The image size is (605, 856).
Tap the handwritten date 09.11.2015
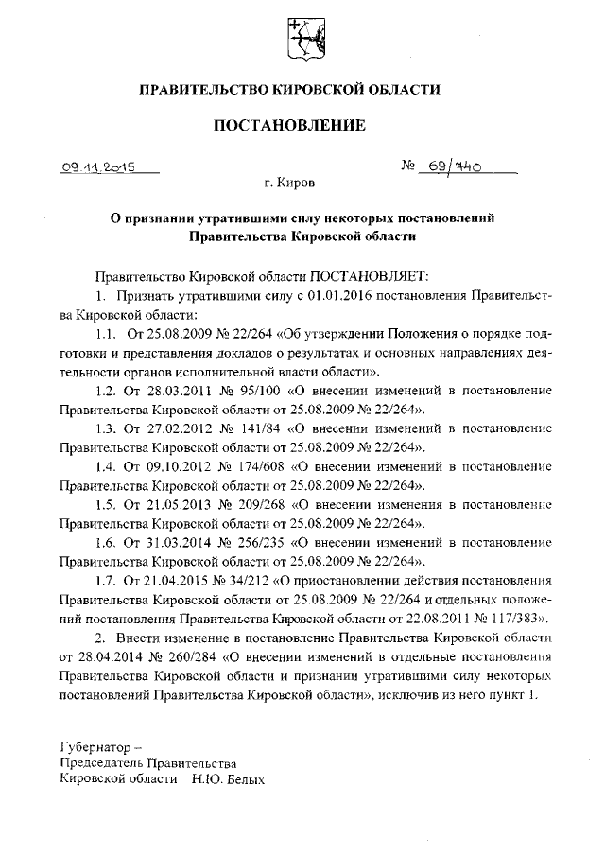[x=98, y=168]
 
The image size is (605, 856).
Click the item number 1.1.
[x=106, y=337]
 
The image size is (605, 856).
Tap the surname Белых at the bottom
[x=241, y=782]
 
